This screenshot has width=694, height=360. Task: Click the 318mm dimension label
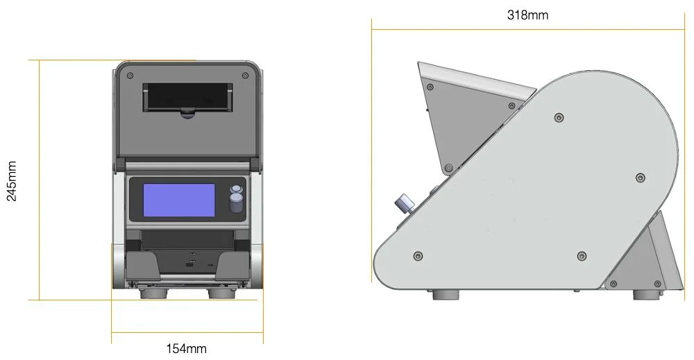point(527,15)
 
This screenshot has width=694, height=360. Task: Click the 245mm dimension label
point(12,181)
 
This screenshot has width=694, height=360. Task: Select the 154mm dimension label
point(186,348)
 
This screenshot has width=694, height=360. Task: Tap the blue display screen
point(179,200)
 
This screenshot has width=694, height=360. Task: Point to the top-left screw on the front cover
point(130,76)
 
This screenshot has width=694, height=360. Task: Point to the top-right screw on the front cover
point(245,76)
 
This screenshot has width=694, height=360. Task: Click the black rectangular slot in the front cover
point(187,97)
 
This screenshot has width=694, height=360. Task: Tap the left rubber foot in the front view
point(154,293)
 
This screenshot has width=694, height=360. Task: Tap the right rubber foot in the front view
point(222,293)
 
